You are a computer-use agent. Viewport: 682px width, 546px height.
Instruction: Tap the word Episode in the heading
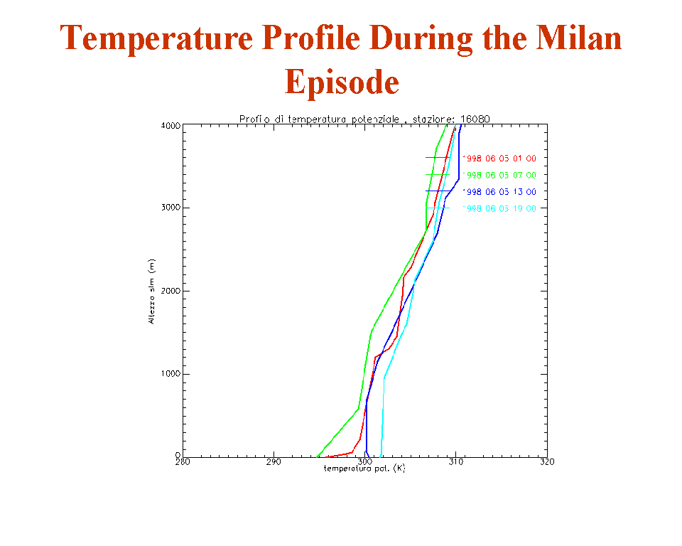[x=342, y=81]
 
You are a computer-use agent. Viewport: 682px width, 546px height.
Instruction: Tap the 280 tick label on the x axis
[x=183, y=462]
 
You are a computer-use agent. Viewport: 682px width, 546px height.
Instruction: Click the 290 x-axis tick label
[x=274, y=462]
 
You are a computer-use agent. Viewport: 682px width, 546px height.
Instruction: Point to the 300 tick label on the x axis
[x=365, y=462]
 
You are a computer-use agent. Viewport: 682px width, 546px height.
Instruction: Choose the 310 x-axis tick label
[x=456, y=462]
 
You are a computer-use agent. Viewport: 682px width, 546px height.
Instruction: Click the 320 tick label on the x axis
[x=546, y=462]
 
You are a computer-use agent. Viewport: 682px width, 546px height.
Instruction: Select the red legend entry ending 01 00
[x=499, y=158]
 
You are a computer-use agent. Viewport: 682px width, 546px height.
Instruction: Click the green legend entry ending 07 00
[x=499, y=175]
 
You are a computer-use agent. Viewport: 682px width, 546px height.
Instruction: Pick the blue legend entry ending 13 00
[x=499, y=192]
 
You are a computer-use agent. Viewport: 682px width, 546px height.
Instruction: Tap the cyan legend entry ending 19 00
[x=499, y=208]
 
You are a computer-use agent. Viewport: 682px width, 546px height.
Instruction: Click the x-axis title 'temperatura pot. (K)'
[x=364, y=469]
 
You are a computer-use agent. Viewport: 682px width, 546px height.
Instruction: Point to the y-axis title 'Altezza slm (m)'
[x=151, y=291]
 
